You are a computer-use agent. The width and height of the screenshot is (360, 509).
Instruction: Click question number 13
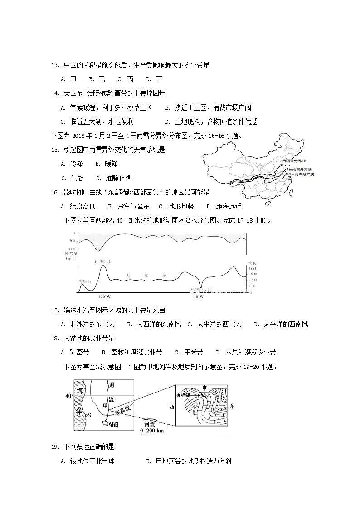pyautogui.click(x=55, y=65)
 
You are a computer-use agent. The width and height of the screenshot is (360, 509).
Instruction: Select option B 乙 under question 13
pyautogui.click(x=97, y=79)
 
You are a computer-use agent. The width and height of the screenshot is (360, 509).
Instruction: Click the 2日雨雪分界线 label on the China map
pyautogui.click(x=292, y=161)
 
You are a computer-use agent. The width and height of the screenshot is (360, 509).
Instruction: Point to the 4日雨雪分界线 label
pyautogui.click(x=301, y=174)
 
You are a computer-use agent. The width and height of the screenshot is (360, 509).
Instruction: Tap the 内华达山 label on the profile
pyautogui.click(x=103, y=262)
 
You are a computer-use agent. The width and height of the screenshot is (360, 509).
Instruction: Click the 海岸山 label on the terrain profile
pyautogui.click(x=85, y=281)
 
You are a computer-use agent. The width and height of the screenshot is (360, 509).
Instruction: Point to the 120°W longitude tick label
pyautogui.click(x=104, y=296)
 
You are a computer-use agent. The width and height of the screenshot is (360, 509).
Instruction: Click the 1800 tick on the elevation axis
pyautogui.click(x=253, y=274)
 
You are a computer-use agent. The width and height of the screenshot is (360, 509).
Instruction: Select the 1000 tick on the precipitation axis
pyautogui.click(x=72, y=249)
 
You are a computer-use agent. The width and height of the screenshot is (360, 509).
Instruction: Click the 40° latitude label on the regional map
pyautogui.click(x=69, y=396)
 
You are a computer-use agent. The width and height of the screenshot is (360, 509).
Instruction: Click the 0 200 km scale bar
pyautogui.click(x=152, y=431)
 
